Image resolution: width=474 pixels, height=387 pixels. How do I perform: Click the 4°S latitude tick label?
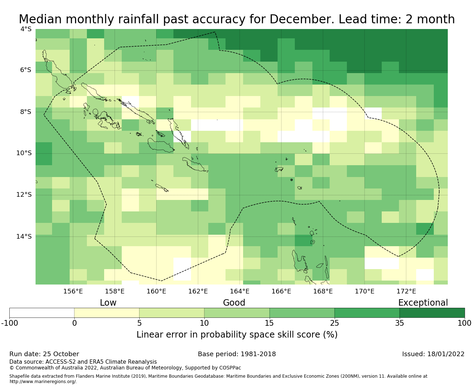click(25, 29)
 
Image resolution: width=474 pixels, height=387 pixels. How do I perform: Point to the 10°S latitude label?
click(24, 153)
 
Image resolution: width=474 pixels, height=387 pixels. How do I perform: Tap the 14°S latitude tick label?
click(24, 236)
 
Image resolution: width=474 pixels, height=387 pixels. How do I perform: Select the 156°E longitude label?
click(73, 291)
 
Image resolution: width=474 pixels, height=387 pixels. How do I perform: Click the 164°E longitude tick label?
click(240, 291)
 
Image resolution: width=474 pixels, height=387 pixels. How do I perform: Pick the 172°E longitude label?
click(406, 291)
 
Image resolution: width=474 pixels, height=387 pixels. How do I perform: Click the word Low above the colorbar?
click(108, 303)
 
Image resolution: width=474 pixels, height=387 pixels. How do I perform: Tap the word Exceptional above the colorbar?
click(423, 303)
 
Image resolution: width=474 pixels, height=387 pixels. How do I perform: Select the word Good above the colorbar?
click(234, 303)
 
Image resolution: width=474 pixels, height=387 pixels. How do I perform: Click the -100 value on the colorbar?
click(9, 323)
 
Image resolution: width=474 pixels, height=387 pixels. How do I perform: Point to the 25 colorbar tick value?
click(334, 323)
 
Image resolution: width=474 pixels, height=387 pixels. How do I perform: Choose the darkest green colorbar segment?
click(432, 313)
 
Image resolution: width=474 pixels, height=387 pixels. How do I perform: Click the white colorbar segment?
click(42, 313)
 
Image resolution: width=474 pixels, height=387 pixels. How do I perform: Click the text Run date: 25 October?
click(44, 354)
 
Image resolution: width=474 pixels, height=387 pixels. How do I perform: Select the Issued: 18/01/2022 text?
click(433, 354)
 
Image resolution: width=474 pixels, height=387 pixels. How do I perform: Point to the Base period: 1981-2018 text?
click(237, 354)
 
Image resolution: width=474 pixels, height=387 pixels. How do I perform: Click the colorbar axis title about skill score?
click(237, 335)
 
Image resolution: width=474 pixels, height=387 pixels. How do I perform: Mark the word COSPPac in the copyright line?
click(229, 368)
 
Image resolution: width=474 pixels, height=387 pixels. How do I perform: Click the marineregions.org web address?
click(43, 382)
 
